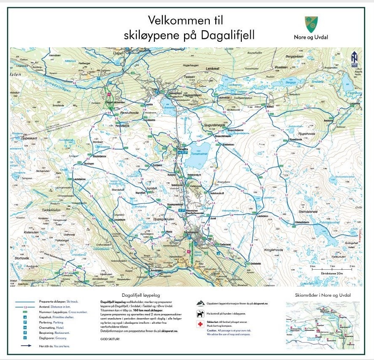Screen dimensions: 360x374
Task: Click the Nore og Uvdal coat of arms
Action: click(x=311, y=24)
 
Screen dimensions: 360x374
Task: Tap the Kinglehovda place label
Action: click(x=272, y=250)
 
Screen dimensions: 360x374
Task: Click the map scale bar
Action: click(x=332, y=269)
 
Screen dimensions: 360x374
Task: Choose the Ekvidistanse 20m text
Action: click(x=332, y=273)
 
